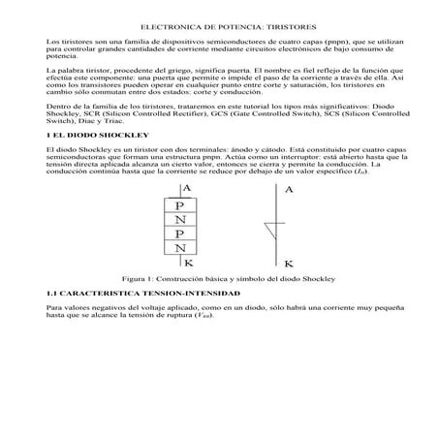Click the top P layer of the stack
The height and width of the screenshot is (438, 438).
[180, 206]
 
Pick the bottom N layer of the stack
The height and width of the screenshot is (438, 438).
[180, 250]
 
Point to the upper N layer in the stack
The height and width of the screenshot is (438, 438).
[180, 221]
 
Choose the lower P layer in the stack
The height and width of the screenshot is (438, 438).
[180, 235]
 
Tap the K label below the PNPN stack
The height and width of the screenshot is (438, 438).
[187, 263]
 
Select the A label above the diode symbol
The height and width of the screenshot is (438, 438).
[288, 189]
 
